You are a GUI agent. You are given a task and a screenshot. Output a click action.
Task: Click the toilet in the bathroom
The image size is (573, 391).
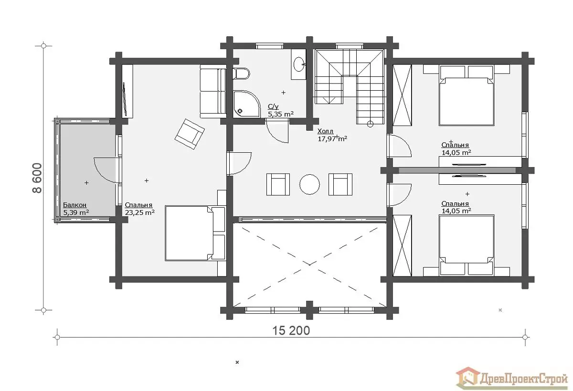tap(241, 74)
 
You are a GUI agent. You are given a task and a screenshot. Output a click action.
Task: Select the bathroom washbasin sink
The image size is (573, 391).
tap(299, 64)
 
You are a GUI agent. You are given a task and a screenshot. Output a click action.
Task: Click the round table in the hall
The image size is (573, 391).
tap(309, 184)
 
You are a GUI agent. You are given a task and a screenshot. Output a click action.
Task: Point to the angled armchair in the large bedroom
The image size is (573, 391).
tap(190, 134)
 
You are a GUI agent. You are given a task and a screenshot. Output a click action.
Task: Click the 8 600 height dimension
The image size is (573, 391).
tap(37, 178)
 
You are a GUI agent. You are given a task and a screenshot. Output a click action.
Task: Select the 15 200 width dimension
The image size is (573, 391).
tap(291, 331)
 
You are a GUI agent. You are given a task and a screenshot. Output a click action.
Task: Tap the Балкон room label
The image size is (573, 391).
tap(74, 205)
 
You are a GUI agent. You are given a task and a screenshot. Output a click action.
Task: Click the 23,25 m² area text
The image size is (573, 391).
tap(139, 212)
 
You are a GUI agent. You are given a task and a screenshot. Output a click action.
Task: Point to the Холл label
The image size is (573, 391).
tap(325, 131)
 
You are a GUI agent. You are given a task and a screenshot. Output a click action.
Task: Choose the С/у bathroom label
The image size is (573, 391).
tap(273, 106)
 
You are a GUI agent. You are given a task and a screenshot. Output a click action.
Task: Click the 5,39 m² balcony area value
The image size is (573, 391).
tap(76, 212)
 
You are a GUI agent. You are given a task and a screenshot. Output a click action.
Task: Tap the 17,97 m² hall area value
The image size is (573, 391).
tap(332, 138)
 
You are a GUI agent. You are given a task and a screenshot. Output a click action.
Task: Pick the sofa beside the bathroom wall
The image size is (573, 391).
tap(213, 91)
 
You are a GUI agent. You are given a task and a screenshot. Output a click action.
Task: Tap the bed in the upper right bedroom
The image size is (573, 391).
tap(467, 95)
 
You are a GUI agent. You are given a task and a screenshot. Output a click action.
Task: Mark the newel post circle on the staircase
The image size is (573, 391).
tap(370, 124)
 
